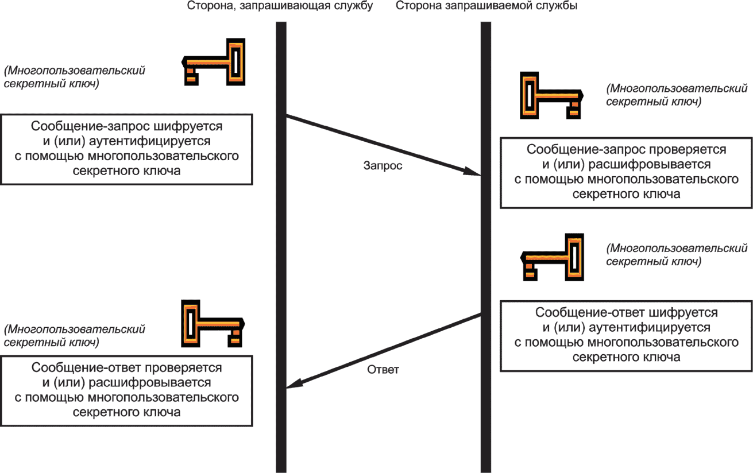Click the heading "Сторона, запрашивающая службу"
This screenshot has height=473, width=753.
click(280, 6)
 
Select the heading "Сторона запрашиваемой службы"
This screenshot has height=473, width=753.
click(486, 6)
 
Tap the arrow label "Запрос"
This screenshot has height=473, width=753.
click(383, 166)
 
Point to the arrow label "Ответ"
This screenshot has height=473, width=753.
click(383, 370)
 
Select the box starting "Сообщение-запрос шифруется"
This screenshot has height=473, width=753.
click(126, 149)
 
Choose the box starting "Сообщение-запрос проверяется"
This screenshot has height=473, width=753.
click(626, 173)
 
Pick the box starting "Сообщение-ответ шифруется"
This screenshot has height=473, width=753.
click(626, 336)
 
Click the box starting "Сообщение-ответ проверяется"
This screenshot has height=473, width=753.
click(126, 391)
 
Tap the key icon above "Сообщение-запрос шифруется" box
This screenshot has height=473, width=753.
click(214, 62)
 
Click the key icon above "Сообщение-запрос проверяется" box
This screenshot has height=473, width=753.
click(551, 95)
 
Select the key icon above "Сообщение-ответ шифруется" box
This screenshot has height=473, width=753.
click(552, 257)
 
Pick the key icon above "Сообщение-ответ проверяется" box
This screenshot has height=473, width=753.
click(213, 324)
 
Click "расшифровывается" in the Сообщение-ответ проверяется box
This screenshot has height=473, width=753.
click(150, 383)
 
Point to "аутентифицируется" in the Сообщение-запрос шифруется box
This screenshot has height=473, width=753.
click(150, 141)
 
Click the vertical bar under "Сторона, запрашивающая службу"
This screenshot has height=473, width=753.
click(281, 247)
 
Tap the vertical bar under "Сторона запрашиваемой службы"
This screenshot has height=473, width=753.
click(486, 247)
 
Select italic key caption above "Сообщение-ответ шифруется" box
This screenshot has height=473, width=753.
click(677, 255)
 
